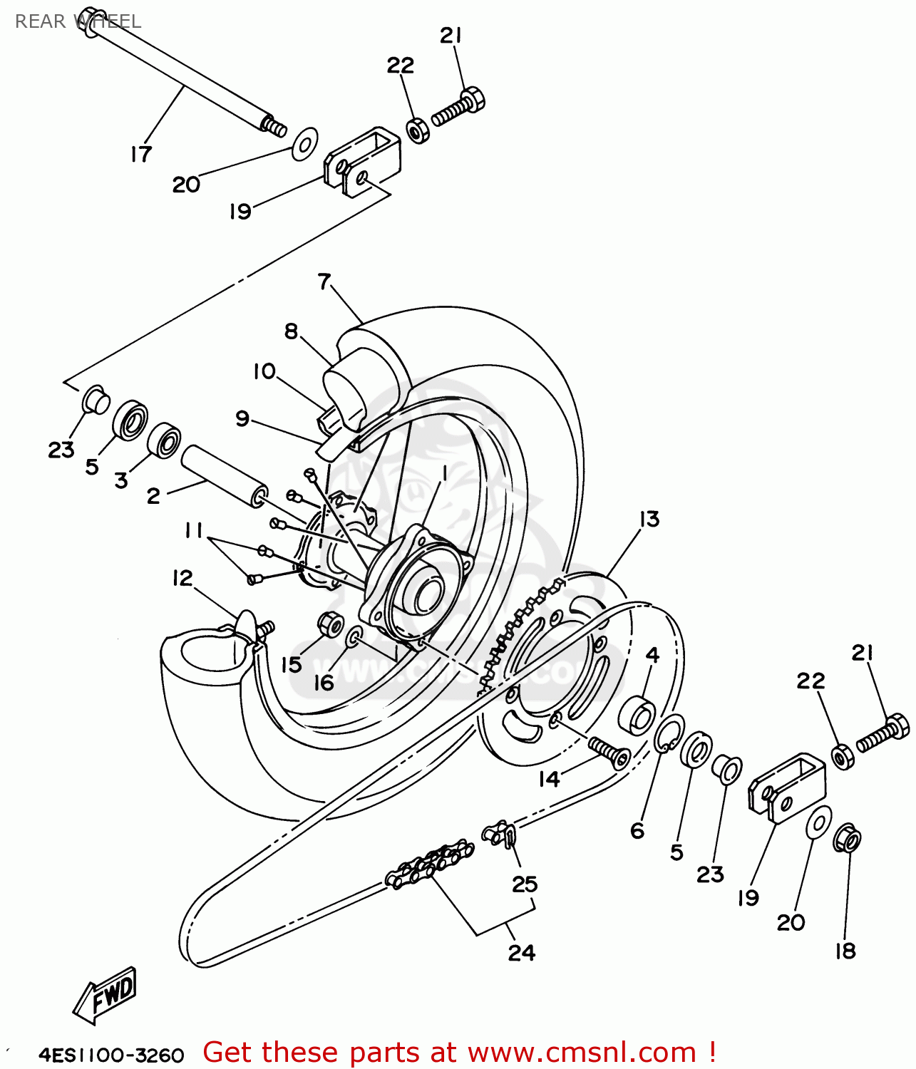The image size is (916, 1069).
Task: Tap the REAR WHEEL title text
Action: pos(78,21)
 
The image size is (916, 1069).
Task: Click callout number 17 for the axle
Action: pos(141,153)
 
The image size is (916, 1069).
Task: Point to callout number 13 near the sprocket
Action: pos(649,519)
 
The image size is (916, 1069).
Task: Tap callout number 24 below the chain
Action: pos(521,952)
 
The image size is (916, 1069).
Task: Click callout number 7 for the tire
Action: pos(324,282)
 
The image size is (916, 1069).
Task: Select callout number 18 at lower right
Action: pos(845,950)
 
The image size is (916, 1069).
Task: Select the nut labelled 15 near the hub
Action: pos(329,624)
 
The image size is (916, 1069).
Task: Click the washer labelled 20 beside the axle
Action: pos(305,144)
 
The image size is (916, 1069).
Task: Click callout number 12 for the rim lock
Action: pos(182,578)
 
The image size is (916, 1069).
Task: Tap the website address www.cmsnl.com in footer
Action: pos(581,1052)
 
